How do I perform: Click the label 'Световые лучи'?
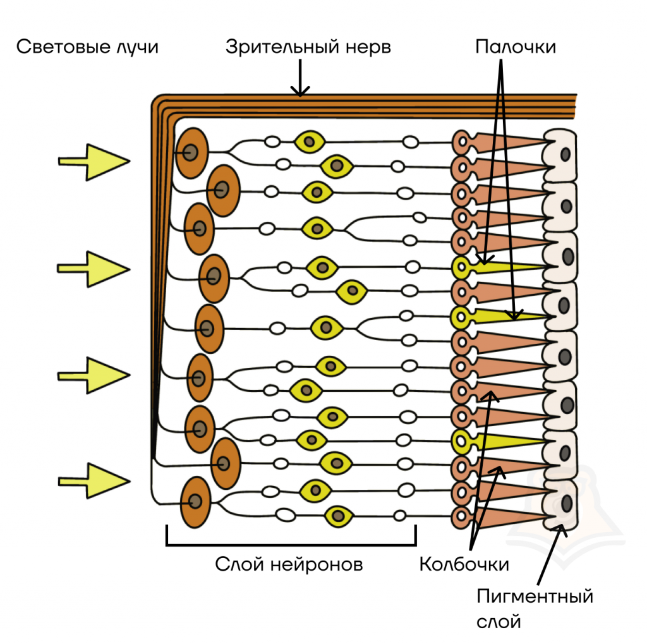coord(87,48)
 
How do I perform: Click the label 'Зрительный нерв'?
coord(308,48)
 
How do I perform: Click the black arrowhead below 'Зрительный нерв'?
coord(301,92)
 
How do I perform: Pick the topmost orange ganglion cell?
coord(191,152)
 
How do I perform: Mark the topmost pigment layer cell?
coord(562,154)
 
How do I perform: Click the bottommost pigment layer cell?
coord(562,504)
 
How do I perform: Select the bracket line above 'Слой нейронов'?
coord(291,544)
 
